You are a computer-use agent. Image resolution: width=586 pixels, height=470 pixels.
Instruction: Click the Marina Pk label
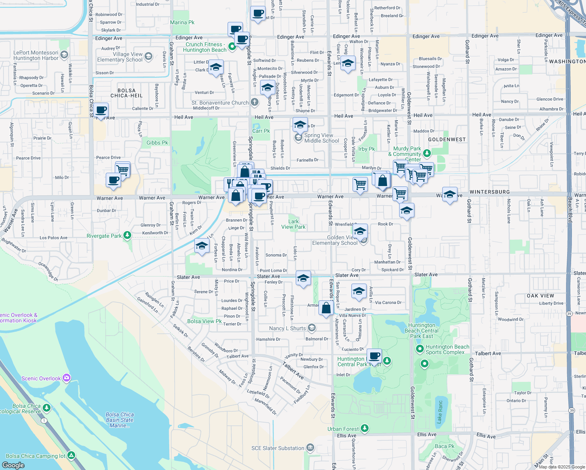[182, 23]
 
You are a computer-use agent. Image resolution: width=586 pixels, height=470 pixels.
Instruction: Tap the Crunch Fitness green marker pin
[232, 47]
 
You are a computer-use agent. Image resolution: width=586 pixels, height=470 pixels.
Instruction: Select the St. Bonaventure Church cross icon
[255, 103]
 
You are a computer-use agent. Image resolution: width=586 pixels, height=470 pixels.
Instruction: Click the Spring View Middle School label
[322, 138]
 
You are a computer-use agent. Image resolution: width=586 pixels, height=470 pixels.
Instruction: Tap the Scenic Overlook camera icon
[67, 378]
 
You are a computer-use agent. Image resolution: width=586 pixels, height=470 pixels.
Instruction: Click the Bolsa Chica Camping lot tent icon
[71, 456]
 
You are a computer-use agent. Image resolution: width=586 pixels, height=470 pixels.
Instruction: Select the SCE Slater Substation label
[278, 448]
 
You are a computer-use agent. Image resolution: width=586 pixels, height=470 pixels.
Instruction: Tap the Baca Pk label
[445, 446]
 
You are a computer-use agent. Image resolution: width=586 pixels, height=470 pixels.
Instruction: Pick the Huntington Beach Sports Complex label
[447, 349]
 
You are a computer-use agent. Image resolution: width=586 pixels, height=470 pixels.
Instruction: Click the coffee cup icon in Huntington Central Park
[375, 356]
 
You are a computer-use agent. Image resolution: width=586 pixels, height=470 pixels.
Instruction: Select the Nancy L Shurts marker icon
[312, 328]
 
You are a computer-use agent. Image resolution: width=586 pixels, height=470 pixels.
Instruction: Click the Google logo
[13, 465]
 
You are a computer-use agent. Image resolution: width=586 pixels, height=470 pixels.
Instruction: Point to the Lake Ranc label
[439, 411]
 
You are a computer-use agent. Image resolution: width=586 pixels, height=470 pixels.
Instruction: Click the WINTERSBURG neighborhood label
[490, 192]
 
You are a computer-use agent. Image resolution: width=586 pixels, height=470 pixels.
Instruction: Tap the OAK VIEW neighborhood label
[540, 296]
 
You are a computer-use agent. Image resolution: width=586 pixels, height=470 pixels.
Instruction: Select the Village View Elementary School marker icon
[148, 56]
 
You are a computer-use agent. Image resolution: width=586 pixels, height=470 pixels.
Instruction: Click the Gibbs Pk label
[157, 143]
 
